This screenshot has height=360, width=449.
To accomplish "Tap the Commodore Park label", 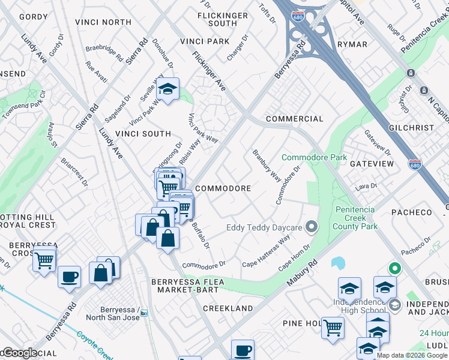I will tap(315, 158).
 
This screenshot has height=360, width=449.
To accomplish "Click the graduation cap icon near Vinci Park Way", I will tap(168, 90).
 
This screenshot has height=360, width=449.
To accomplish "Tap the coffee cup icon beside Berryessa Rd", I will tap(70, 277).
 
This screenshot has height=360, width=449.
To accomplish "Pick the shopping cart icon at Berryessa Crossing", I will tap(44, 261).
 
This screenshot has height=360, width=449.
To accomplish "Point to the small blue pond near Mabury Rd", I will tap(337, 263).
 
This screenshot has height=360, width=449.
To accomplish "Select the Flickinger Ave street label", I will tap(209, 70).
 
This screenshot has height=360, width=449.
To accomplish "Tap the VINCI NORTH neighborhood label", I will tap(103, 22).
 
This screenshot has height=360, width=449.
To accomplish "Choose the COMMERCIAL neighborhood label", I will tap(294, 119).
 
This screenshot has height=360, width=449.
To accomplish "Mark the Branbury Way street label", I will tap(267, 166).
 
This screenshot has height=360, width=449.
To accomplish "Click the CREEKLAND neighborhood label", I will tap(228, 308).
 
